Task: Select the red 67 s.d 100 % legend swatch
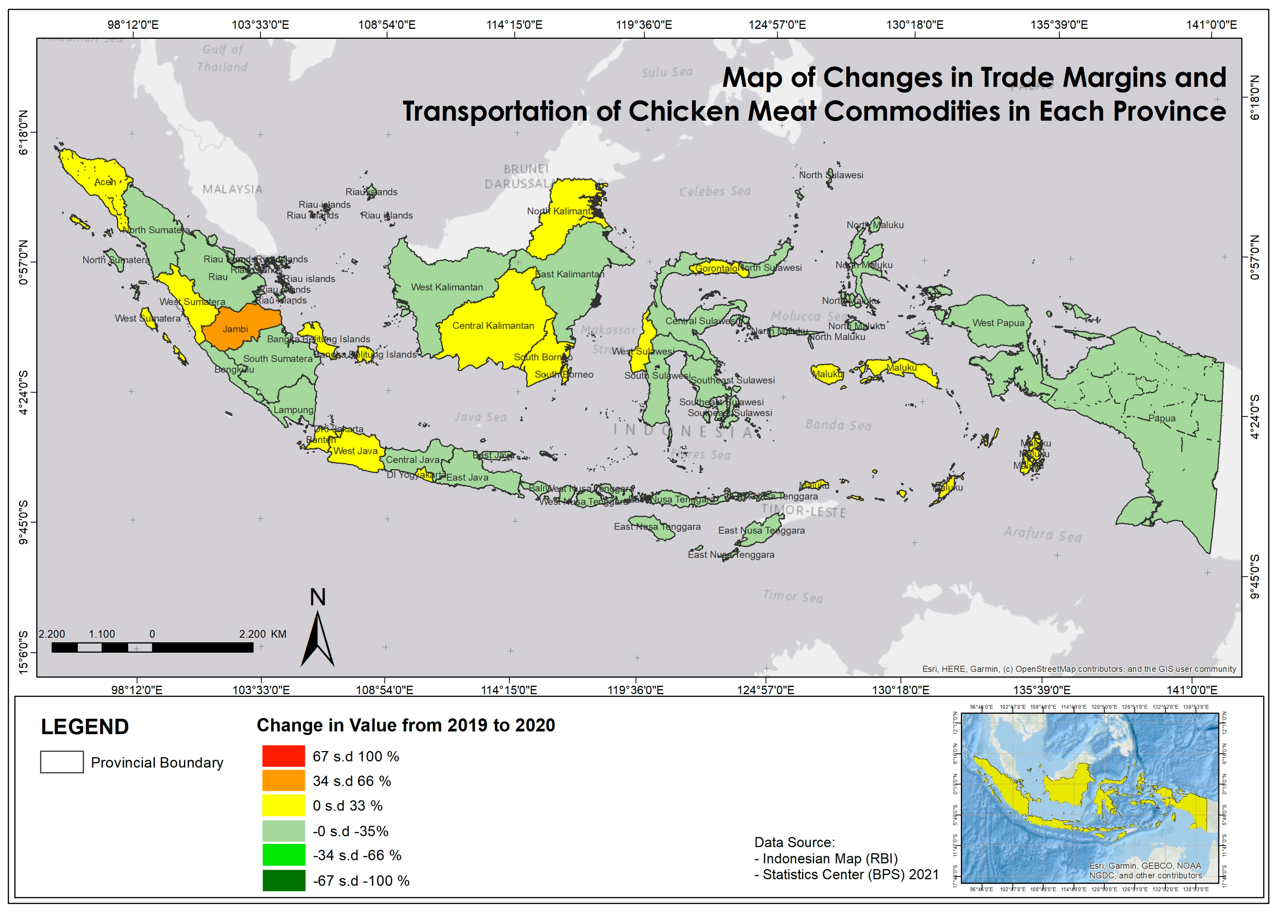tap(284, 756)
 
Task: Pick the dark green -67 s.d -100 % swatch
tap(284, 880)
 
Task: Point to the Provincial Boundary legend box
tap(62, 762)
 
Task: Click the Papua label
tap(1161, 418)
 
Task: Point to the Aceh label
tap(105, 182)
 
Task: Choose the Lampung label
tap(293, 410)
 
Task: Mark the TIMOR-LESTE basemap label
tap(803, 511)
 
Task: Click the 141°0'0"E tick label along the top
tap(1211, 25)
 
